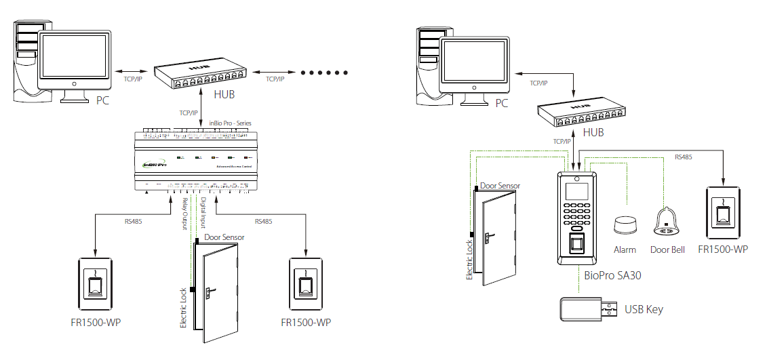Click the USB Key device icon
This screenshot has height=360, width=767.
585,309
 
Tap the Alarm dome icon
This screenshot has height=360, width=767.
623,225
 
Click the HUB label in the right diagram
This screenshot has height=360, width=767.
593,133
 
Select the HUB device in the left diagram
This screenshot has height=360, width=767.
200,77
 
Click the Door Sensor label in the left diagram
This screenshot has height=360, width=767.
224,237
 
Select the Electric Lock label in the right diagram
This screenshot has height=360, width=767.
469,260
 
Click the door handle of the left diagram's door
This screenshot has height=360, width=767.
212,291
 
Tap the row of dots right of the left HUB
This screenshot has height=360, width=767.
323,72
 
